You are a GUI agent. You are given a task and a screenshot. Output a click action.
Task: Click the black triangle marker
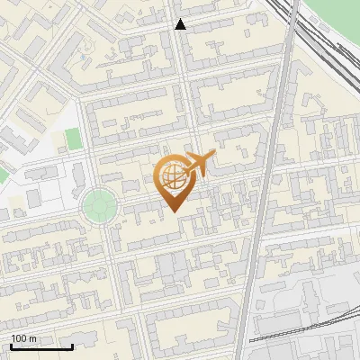point(181,24)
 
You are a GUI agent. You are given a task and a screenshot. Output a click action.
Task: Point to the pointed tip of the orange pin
point(174,211)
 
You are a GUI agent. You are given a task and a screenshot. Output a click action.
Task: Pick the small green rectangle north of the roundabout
point(73,139)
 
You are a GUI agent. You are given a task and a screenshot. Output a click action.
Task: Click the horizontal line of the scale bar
point(41,346)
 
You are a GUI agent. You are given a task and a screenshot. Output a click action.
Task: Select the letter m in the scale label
point(33,338)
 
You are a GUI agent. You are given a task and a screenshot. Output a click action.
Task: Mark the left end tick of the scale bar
point(11,345)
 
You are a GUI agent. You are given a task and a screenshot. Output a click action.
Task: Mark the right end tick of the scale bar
point(72,345)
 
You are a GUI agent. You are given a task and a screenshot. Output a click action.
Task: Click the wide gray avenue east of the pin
point(262,207)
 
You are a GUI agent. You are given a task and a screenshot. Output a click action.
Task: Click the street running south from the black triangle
point(186,81)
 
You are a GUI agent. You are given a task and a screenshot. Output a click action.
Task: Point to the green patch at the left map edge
point(4,172)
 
